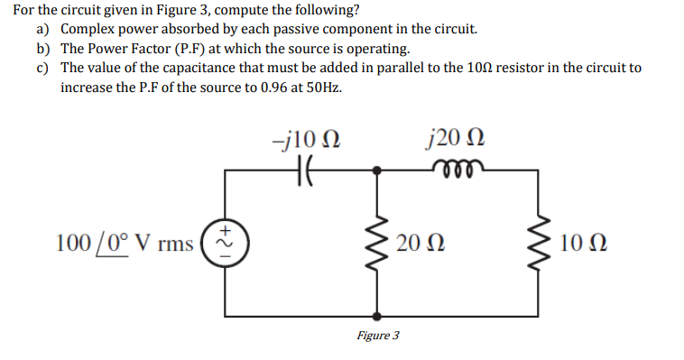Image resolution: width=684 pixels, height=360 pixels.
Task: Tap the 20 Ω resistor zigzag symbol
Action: click(377, 243)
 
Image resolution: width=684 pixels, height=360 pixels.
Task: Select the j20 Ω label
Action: click(458, 139)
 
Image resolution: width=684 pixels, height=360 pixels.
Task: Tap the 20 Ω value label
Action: click(419, 243)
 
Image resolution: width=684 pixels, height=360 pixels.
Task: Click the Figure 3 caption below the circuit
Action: click(377, 336)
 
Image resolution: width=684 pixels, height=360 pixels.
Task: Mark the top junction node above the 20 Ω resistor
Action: click(377, 168)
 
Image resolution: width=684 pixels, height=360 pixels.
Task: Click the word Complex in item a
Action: click(88, 29)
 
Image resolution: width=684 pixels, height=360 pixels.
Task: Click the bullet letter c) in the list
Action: click(42, 69)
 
